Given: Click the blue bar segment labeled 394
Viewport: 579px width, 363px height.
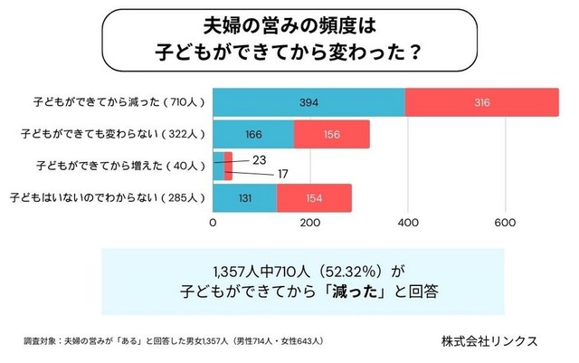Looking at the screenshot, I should tap(309, 102).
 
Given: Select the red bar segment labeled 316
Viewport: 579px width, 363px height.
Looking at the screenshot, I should tap(482, 102).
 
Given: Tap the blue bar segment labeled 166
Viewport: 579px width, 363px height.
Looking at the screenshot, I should tap(253, 134).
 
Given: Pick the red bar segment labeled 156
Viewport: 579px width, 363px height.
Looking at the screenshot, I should tap(331, 134).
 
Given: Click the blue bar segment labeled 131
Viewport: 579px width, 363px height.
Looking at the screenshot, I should tap(245, 197).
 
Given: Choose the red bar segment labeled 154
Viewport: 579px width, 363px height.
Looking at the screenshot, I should tap(314, 197).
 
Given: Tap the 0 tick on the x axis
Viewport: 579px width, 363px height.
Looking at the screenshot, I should tap(214, 223).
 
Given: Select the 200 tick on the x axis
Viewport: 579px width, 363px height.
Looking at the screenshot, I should tap(310, 223).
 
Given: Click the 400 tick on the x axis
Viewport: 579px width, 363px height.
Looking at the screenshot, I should tap(407, 223).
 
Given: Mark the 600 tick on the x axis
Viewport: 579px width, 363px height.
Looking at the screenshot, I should tap(505, 223).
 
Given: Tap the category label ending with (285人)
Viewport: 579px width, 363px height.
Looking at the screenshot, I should tap(107, 197).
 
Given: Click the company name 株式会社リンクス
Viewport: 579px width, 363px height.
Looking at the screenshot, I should tap(489, 340).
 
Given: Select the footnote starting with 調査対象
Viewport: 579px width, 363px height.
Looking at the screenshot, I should tap(173, 341).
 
